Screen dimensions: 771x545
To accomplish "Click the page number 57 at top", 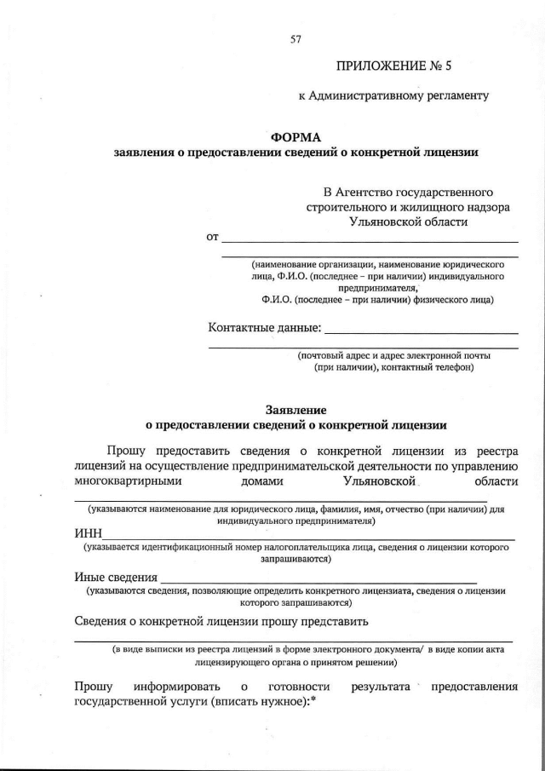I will tap(295, 38).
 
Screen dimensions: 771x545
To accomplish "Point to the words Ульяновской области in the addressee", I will tap(408, 222).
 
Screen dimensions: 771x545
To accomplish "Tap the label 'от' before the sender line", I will tap(213, 236).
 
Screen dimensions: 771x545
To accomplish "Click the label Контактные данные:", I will tap(265, 327).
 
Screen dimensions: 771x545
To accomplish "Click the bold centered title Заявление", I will tap(295, 409).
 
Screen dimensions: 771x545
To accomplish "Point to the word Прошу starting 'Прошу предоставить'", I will tap(126, 450).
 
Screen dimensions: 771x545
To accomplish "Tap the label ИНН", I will tap(88, 533).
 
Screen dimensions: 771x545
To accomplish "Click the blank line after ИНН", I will tap(307, 538).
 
